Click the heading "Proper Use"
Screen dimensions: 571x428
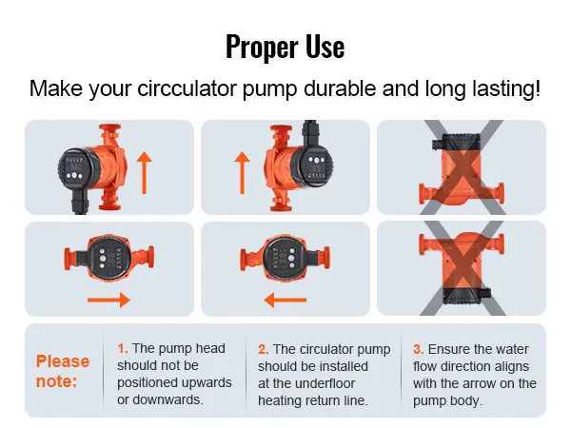coord(285,47)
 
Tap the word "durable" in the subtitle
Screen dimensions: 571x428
coord(340,88)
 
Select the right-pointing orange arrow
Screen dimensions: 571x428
coord(108,300)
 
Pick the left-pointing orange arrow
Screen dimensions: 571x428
coord(285,300)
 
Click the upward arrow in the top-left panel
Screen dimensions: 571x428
coord(145,172)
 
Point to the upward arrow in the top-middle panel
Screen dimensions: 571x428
coord(242,172)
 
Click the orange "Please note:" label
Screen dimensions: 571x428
coord(63,371)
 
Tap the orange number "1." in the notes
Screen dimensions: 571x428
coord(123,349)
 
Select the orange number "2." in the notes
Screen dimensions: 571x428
coord(264,350)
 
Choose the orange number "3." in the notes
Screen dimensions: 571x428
coord(419,350)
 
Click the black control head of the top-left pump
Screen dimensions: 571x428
coord(75,168)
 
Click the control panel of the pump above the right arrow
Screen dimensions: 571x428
coord(109,258)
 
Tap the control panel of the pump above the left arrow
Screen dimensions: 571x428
coord(285,259)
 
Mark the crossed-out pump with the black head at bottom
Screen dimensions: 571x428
coord(462,268)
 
